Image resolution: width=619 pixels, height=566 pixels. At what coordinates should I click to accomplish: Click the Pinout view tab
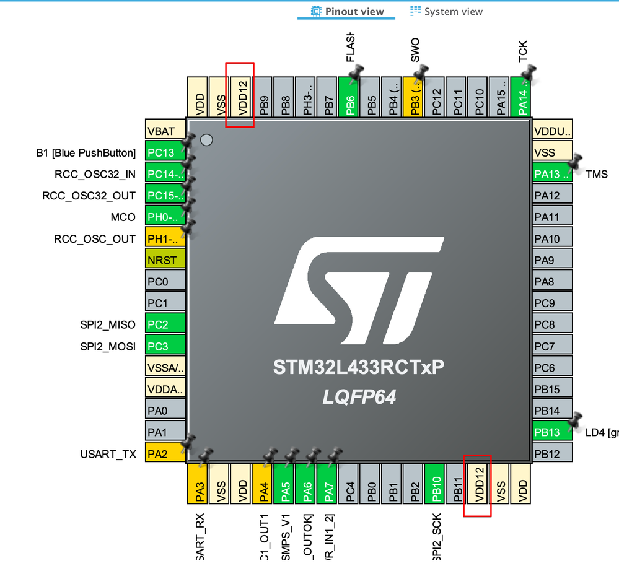(x=347, y=12)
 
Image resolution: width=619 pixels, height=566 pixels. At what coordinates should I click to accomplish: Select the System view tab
(x=446, y=12)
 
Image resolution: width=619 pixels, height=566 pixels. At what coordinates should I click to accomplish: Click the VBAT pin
(x=165, y=131)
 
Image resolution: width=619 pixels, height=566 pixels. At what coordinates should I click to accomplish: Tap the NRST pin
(x=165, y=261)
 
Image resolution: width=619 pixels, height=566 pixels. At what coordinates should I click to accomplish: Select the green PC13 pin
(x=165, y=153)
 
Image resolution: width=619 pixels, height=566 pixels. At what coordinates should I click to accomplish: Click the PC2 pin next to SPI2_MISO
(x=165, y=325)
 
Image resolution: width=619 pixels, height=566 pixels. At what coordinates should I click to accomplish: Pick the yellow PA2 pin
(x=165, y=455)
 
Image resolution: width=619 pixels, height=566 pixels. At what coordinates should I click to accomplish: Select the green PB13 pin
(x=552, y=432)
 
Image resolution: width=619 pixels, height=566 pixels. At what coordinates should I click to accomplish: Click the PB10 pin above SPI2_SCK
(x=436, y=484)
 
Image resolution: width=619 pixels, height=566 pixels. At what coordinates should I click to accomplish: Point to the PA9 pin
(x=552, y=260)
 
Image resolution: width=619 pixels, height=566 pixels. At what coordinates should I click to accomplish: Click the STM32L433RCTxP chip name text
(x=359, y=368)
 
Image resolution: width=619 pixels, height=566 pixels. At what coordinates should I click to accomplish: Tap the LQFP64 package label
(x=359, y=397)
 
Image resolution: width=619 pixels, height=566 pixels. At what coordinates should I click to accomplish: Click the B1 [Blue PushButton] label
(x=86, y=153)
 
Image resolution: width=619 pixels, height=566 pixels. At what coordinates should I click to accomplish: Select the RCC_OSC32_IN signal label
(x=95, y=175)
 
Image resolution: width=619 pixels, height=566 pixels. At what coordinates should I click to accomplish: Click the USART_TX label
(x=108, y=455)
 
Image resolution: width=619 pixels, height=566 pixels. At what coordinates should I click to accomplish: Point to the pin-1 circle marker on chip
(x=206, y=140)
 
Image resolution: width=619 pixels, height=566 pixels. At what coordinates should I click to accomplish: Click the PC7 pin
(x=552, y=346)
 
